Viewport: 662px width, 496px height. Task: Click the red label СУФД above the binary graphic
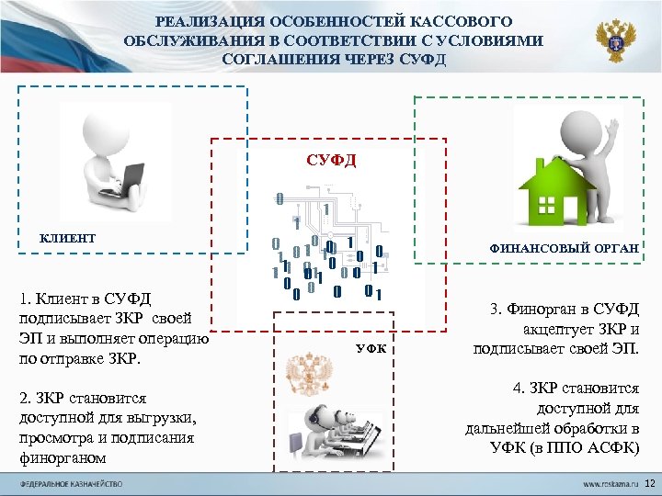pos(331,160)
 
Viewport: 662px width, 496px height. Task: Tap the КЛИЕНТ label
pos(67,239)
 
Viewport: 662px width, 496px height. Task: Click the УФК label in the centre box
pos(371,349)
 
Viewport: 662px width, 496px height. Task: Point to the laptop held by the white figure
pos(119,179)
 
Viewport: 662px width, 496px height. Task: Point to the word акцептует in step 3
pos(553,329)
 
